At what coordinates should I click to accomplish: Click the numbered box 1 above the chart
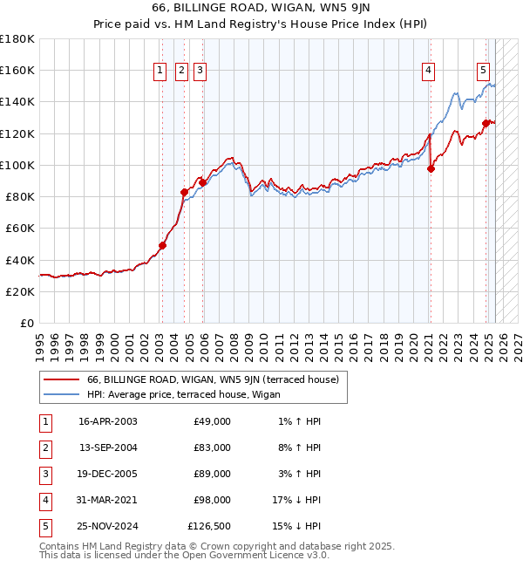tap(161, 72)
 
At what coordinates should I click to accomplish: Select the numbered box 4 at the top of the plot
tap(429, 72)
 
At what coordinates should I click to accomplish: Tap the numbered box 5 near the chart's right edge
tap(484, 72)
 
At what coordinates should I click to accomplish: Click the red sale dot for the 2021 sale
tap(431, 168)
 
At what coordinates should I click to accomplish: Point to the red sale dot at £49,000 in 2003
tap(162, 246)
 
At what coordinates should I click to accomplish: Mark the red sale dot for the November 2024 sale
tap(486, 123)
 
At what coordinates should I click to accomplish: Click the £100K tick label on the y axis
tap(17, 165)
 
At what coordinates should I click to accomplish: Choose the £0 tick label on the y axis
tap(25, 324)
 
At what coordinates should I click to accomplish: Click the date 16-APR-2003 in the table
tap(107, 421)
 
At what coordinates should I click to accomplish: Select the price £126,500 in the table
tap(209, 526)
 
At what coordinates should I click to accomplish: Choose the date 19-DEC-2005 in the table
tap(107, 474)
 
